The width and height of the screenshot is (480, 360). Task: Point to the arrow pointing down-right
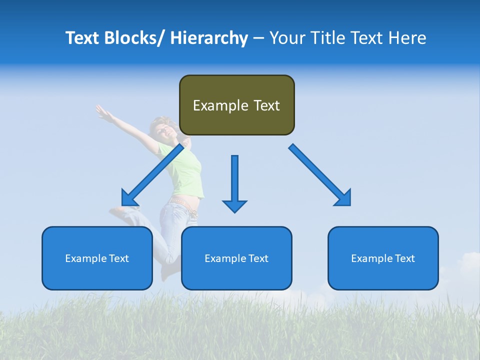[320, 175]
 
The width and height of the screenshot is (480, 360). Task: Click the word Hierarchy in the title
[209, 38]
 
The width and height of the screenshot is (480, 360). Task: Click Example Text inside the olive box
[236, 105]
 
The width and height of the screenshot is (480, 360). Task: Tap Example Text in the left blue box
[97, 258]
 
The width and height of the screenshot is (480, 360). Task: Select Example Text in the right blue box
[383, 258]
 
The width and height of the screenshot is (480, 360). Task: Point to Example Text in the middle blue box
[236, 258]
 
